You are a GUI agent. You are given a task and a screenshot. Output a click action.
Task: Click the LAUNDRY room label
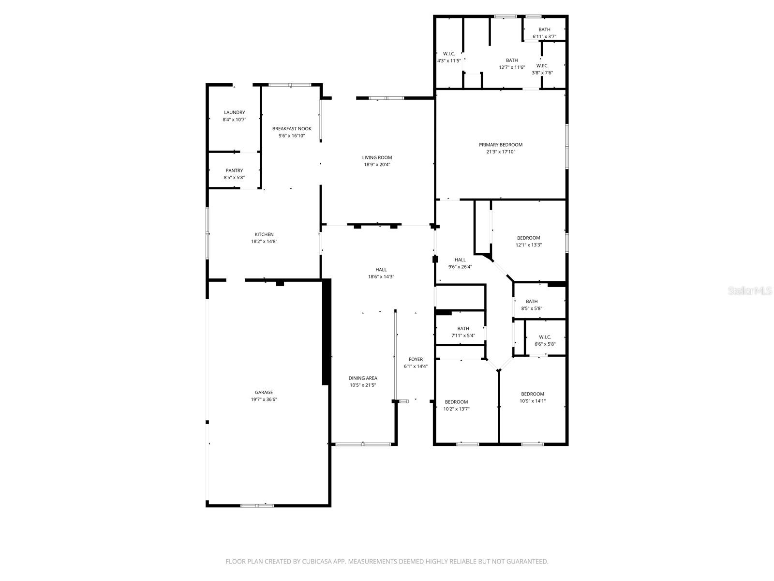[234, 112]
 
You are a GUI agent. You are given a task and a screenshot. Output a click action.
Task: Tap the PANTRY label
[234, 170]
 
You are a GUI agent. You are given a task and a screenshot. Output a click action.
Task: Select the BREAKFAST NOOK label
[292, 129]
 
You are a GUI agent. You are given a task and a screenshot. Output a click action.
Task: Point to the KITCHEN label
[264, 234]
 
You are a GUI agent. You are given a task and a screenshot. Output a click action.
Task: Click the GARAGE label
[264, 393]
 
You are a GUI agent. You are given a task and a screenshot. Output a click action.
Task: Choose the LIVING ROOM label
[377, 157]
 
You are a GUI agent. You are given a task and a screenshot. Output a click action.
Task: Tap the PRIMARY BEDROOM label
[501, 145]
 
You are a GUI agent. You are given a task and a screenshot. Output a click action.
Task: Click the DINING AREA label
[363, 378]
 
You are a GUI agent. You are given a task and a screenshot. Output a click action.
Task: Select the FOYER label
[416, 359]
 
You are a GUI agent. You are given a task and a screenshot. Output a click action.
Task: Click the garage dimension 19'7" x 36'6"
[264, 400]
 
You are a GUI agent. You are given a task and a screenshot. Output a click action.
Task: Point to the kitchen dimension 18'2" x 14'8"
[264, 242]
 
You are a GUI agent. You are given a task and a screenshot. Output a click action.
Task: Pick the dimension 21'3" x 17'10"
[501, 152]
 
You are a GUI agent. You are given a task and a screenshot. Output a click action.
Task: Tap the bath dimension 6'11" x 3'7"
[544, 37]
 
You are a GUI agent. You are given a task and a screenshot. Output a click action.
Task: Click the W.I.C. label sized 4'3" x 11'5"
[449, 54]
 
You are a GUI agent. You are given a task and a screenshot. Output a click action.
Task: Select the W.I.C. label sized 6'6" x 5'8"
[545, 337]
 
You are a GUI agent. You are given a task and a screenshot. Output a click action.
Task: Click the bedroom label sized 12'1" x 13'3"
[528, 238]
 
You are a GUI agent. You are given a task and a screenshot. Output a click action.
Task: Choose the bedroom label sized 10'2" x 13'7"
[456, 402]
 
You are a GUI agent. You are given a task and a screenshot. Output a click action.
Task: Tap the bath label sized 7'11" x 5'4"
[463, 329]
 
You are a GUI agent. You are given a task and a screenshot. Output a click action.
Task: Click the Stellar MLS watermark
[750, 291]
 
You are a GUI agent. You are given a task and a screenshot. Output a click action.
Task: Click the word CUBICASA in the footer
[314, 562]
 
